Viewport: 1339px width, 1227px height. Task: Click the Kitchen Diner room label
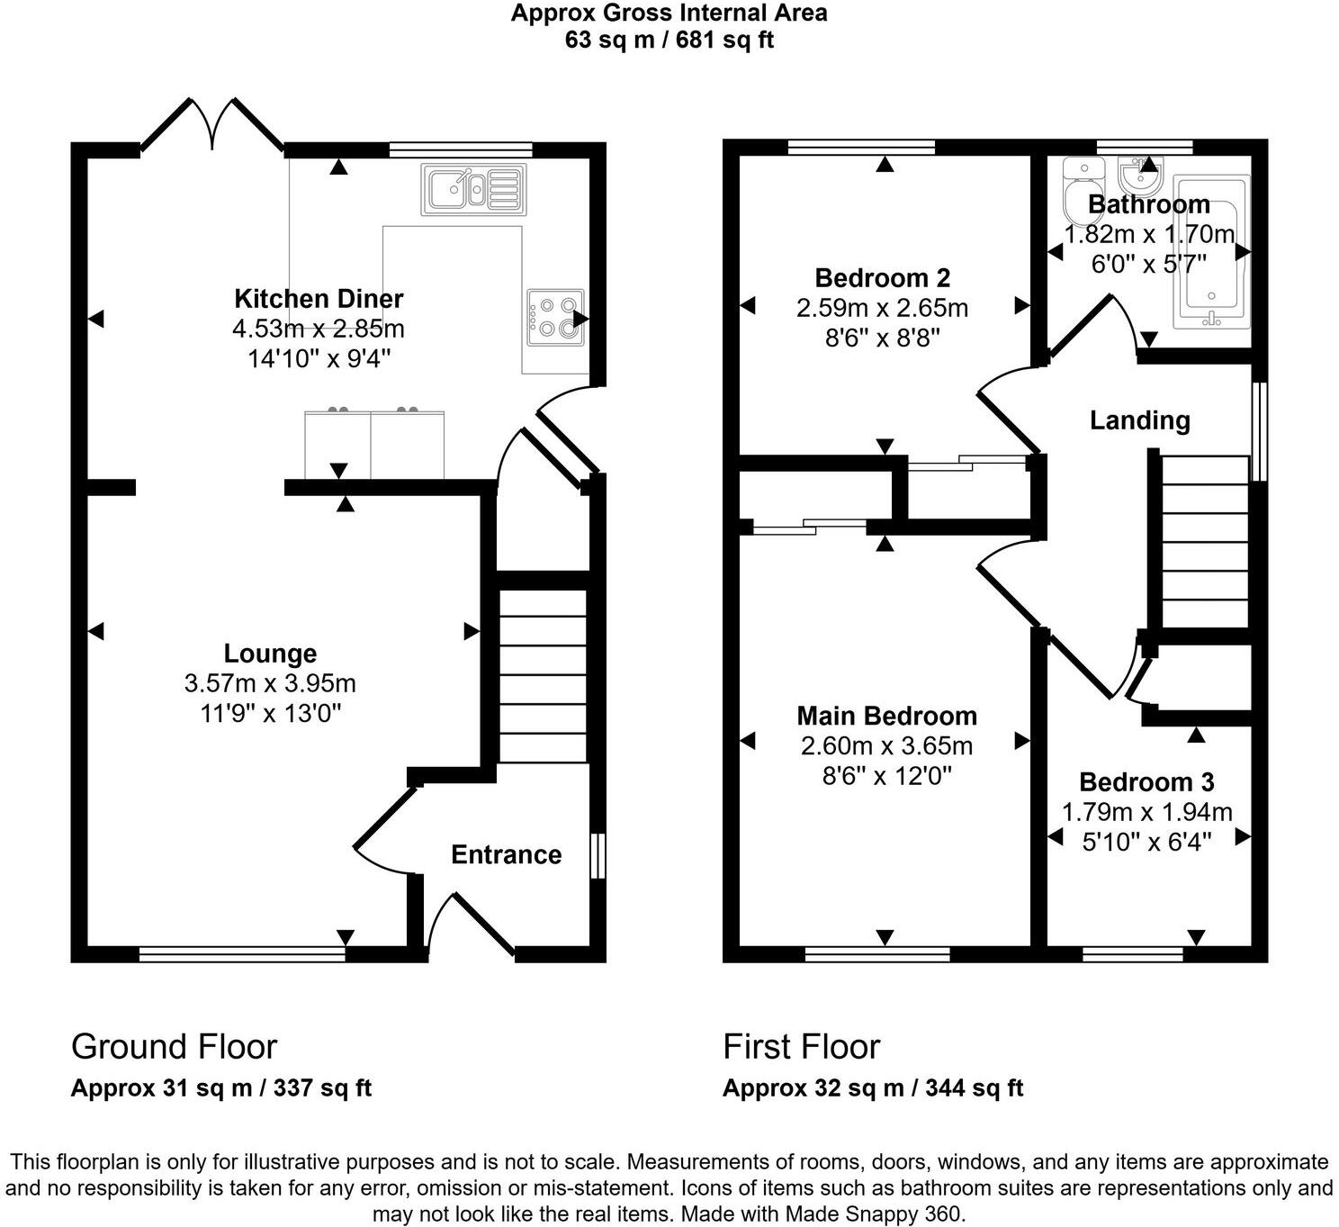tap(319, 298)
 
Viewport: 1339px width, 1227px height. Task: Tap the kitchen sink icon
tap(473, 189)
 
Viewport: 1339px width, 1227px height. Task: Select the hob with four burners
tap(555, 318)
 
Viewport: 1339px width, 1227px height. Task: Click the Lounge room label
tap(270, 654)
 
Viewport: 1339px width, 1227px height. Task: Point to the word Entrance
tap(506, 854)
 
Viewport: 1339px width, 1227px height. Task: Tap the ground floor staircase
tap(543, 675)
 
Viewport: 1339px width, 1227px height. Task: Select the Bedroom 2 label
tap(882, 278)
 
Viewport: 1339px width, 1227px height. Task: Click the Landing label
tap(1139, 420)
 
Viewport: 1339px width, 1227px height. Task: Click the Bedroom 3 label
tap(1146, 782)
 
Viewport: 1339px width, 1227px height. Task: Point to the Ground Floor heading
tap(174, 1046)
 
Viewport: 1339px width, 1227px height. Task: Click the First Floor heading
tap(801, 1046)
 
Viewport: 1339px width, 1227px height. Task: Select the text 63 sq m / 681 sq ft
tap(669, 40)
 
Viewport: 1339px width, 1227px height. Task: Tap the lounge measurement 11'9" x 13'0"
tap(270, 713)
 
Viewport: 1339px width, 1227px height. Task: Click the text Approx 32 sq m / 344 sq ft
tap(872, 1087)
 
